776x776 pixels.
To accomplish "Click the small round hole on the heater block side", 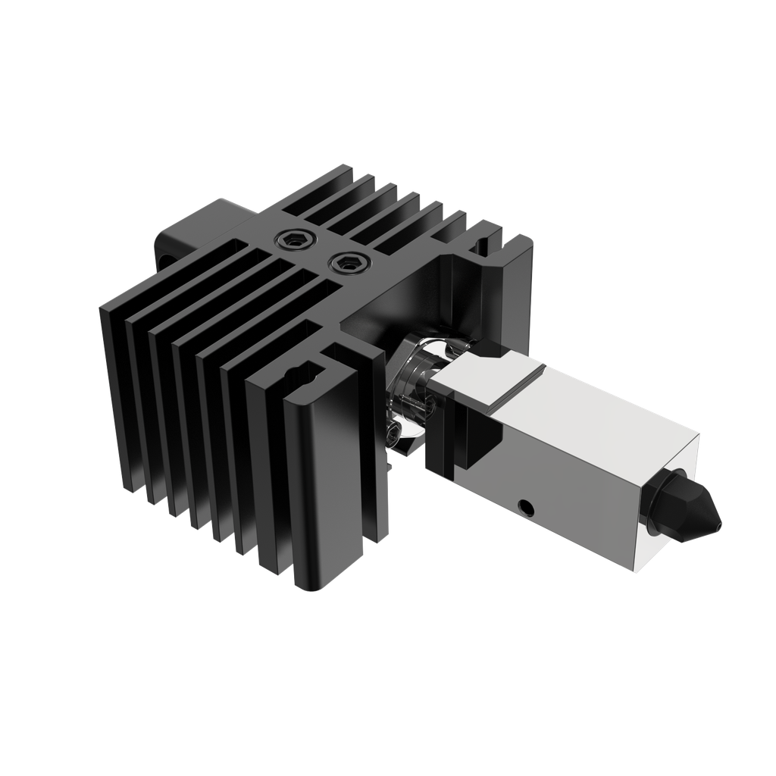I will coord(523,504).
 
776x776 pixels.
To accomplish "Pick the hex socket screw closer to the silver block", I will coord(346,264).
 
